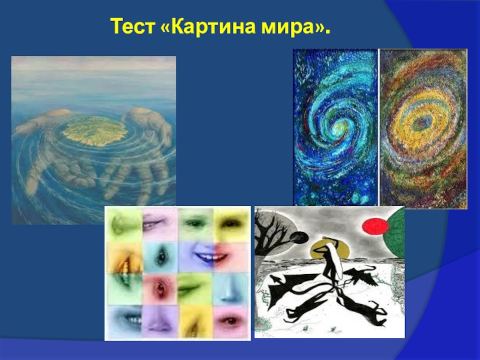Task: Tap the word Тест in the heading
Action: pos(132,26)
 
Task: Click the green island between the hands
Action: pos(94,131)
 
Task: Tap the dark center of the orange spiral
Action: pos(423,124)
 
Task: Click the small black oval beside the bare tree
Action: pos(299,237)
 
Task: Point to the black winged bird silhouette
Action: pos(363,275)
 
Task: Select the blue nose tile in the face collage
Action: pos(231,289)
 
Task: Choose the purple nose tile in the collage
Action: pos(160,321)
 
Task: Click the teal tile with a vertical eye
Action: pos(160,257)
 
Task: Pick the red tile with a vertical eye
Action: pos(160,289)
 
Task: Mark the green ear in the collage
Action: pos(122,224)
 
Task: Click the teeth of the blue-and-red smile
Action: pos(211,257)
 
